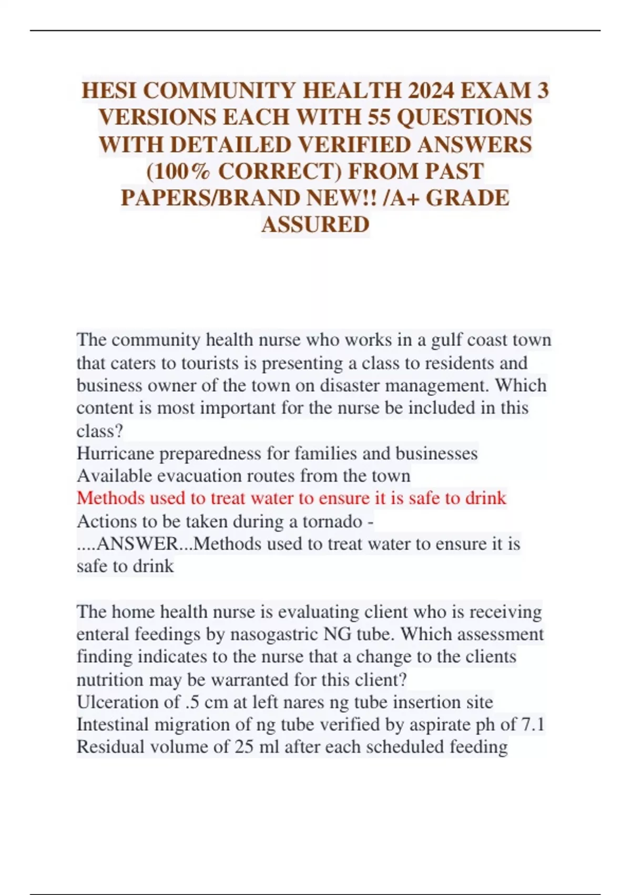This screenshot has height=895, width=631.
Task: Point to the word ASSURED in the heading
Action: (315, 225)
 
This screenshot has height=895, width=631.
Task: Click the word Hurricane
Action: (115, 453)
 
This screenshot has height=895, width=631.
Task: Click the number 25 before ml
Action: (245, 747)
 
